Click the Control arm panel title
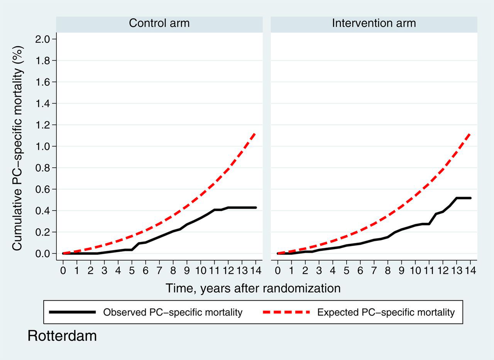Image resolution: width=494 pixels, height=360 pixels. coord(159,23)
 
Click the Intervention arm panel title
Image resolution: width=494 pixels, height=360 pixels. coord(374,23)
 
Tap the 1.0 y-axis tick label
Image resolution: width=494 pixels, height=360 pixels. coord(42,146)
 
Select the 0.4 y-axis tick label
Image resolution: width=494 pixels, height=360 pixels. coord(42,211)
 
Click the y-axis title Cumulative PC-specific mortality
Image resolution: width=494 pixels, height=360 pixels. coord(17,148)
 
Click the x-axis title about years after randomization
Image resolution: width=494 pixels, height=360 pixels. coord(253,289)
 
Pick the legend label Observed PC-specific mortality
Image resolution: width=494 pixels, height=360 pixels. coord(173,312)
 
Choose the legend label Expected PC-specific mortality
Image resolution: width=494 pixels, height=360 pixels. coord(386,312)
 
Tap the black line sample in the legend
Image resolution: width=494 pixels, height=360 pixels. coord(73,312)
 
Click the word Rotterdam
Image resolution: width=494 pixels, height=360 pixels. coord(62,336)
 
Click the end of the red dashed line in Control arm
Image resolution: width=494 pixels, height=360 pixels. coord(255,133)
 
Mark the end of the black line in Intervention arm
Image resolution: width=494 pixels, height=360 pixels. coord(470,198)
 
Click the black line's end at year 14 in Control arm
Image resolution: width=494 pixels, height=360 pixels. coord(256,207)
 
